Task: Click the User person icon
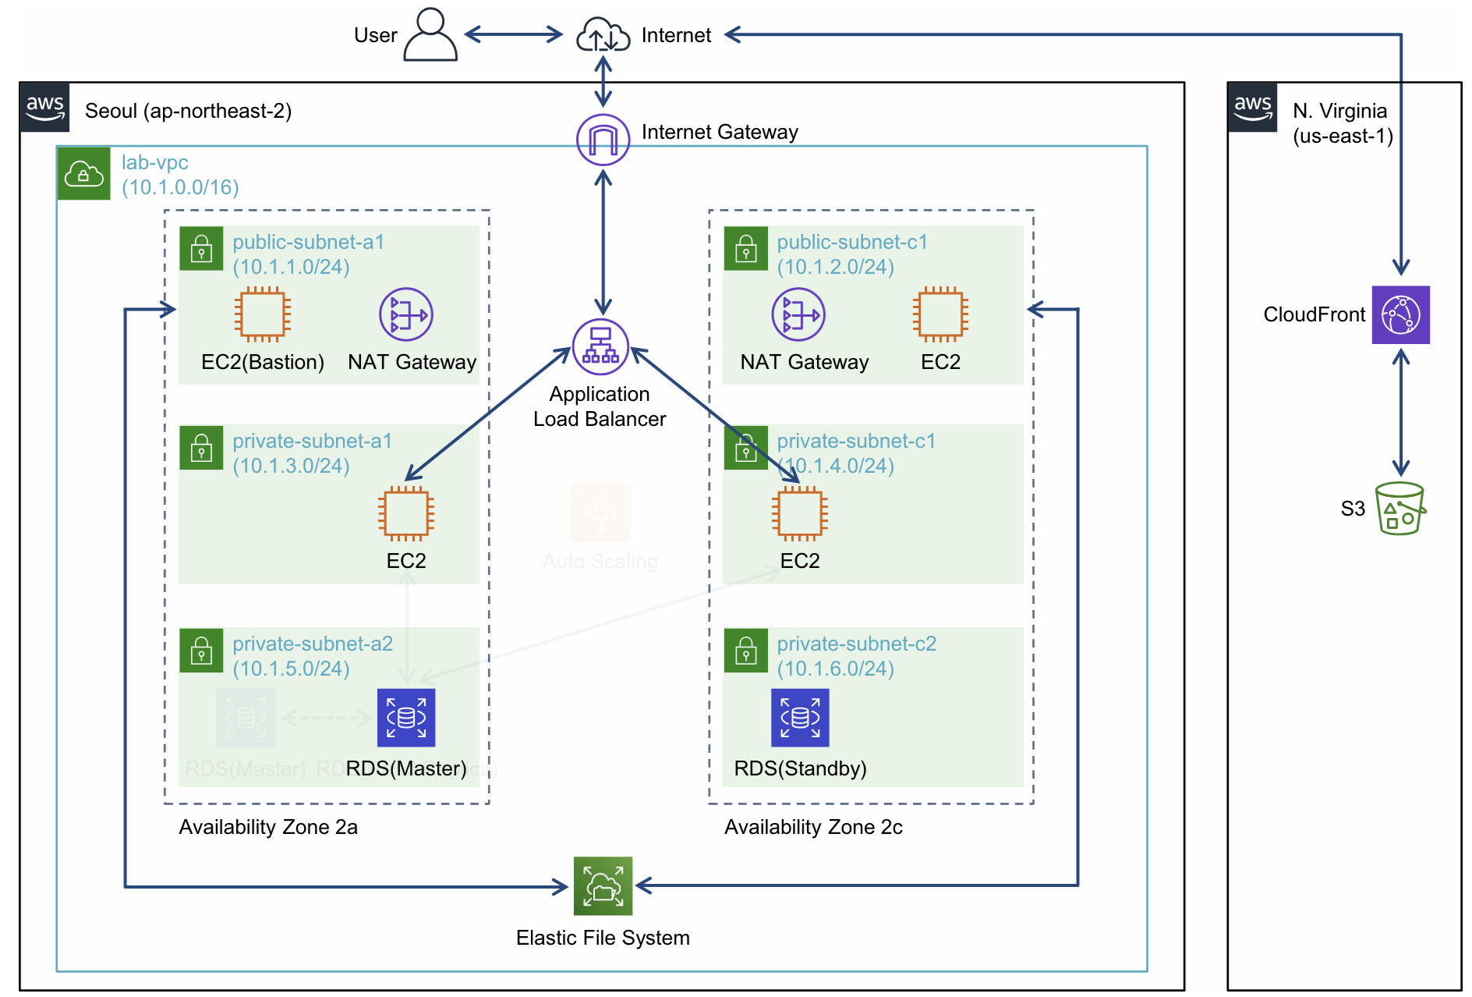coord(430,34)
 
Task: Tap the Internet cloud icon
coord(603,36)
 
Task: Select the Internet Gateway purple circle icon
coord(603,140)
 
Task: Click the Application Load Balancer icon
coord(600,346)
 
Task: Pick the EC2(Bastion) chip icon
coord(263,314)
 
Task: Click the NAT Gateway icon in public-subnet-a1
coord(406,314)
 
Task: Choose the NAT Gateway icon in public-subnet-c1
coord(798,314)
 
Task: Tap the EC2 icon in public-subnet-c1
coord(940,314)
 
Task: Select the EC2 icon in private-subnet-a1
coord(406,513)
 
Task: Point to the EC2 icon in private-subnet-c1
coord(800,513)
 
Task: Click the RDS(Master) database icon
coord(406,717)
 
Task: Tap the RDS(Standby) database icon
coord(800,717)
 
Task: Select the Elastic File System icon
coord(603,885)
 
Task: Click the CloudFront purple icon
coord(1400,314)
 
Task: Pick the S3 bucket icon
coord(1400,508)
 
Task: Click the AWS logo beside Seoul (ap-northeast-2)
coord(45,108)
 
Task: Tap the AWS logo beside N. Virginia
coord(1253,108)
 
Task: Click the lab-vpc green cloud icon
coord(84,173)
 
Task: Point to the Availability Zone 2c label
coord(813,827)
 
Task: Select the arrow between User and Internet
coord(514,34)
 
